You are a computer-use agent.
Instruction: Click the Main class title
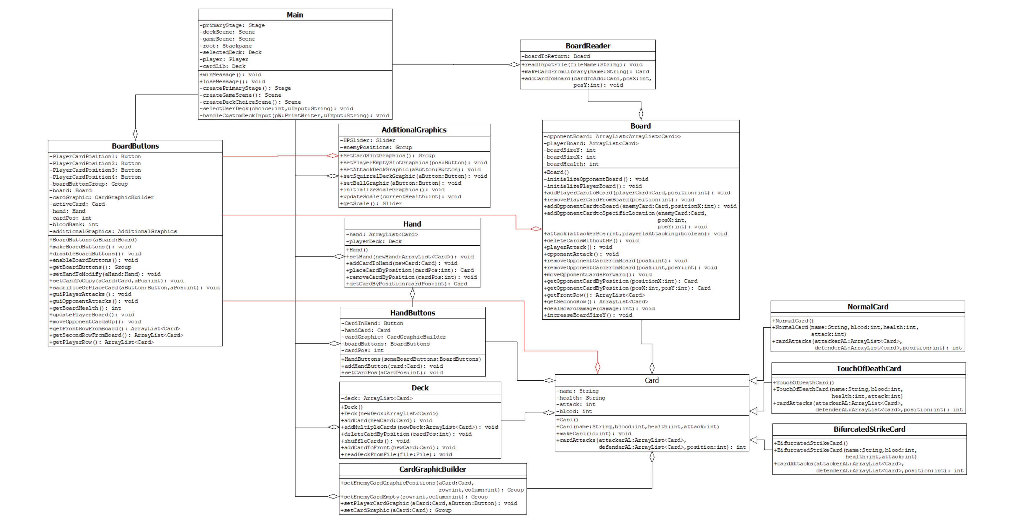coord(295,15)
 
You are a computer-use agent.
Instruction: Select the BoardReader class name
coord(587,46)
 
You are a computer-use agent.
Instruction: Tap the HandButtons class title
coord(413,313)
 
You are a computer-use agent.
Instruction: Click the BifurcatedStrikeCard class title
coord(869,429)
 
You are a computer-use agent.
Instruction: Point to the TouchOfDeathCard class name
coord(868,368)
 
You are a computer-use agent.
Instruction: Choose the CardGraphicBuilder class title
coord(433,469)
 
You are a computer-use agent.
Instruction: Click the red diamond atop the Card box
coord(597,367)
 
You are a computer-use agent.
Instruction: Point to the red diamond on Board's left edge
coord(536,229)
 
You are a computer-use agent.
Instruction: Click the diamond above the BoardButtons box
coord(135,134)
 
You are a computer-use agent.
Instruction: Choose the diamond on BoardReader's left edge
coord(514,64)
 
